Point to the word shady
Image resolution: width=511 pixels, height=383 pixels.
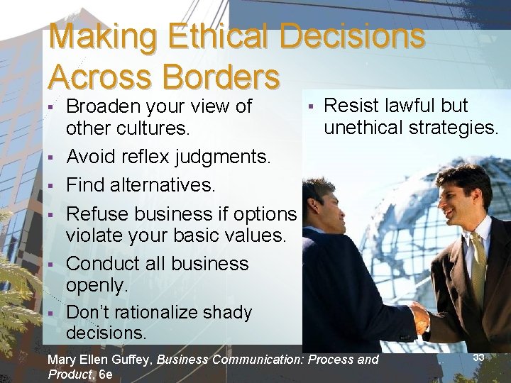pyautogui.click(x=225, y=312)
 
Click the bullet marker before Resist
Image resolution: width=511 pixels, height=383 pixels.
pyautogui.click(x=310, y=106)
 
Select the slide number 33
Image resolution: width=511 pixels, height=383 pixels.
pyautogui.click(x=478, y=357)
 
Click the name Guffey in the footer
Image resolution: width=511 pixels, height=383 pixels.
pyautogui.click(x=133, y=360)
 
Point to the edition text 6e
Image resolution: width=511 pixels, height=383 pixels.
pyautogui.click(x=106, y=374)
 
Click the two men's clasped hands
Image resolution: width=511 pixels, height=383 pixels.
pyautogui.click(x=420, y=318)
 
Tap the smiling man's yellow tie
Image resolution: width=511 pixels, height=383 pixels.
pyautogui.click(x=478, y=263)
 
